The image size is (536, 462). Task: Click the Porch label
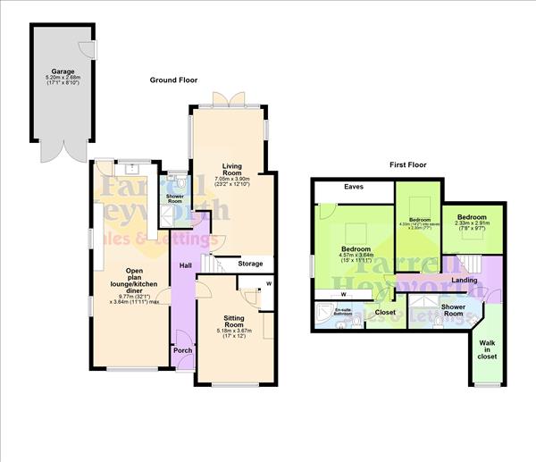click(x=182, y=350)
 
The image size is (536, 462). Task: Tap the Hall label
click(x=185, y=265)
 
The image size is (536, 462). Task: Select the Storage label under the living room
click(x=250, y=264)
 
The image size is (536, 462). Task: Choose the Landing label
click(x=465, y=280)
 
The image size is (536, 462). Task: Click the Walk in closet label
click(x=487, y=349)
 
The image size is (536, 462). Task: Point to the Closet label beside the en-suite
click(x=385, y=312)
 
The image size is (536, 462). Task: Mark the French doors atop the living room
click(x=228, y=100)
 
